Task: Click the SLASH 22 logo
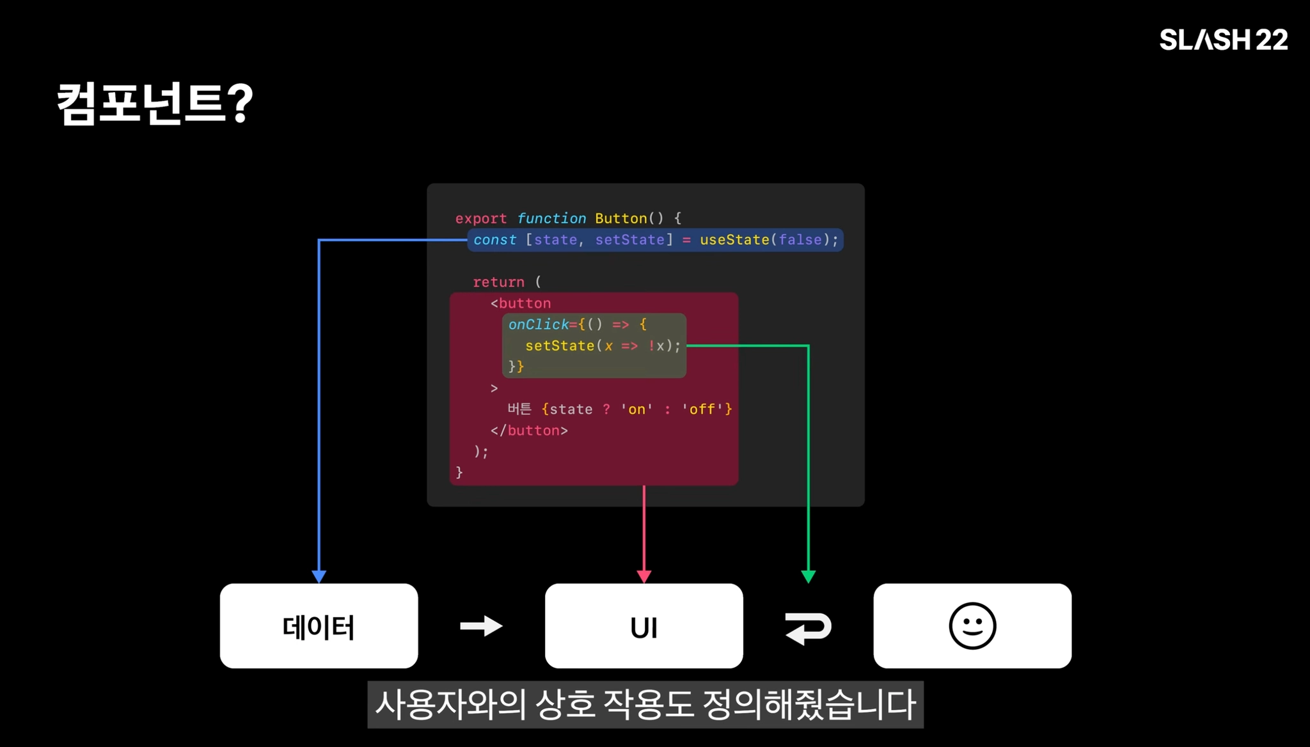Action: click(1223, 40)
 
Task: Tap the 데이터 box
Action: click(319, 626)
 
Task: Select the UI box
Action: click(643, 626)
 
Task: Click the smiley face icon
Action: click(972, 626)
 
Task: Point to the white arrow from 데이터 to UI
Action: click(481, 626)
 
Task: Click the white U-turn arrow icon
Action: click(808, 627)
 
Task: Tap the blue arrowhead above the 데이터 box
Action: click(319, 576)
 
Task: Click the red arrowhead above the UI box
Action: click(644, 576)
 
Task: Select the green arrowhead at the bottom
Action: click(809, 576)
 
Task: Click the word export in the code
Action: click(481, 219)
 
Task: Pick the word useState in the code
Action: click(734, 240)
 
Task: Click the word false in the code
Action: click(800, 240)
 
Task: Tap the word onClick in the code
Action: click(539, 325)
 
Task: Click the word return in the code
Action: click(498, 282)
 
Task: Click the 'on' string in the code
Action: click(636, 409)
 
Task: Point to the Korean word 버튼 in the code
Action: click(519, 409)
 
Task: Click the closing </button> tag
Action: click(529, 430)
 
